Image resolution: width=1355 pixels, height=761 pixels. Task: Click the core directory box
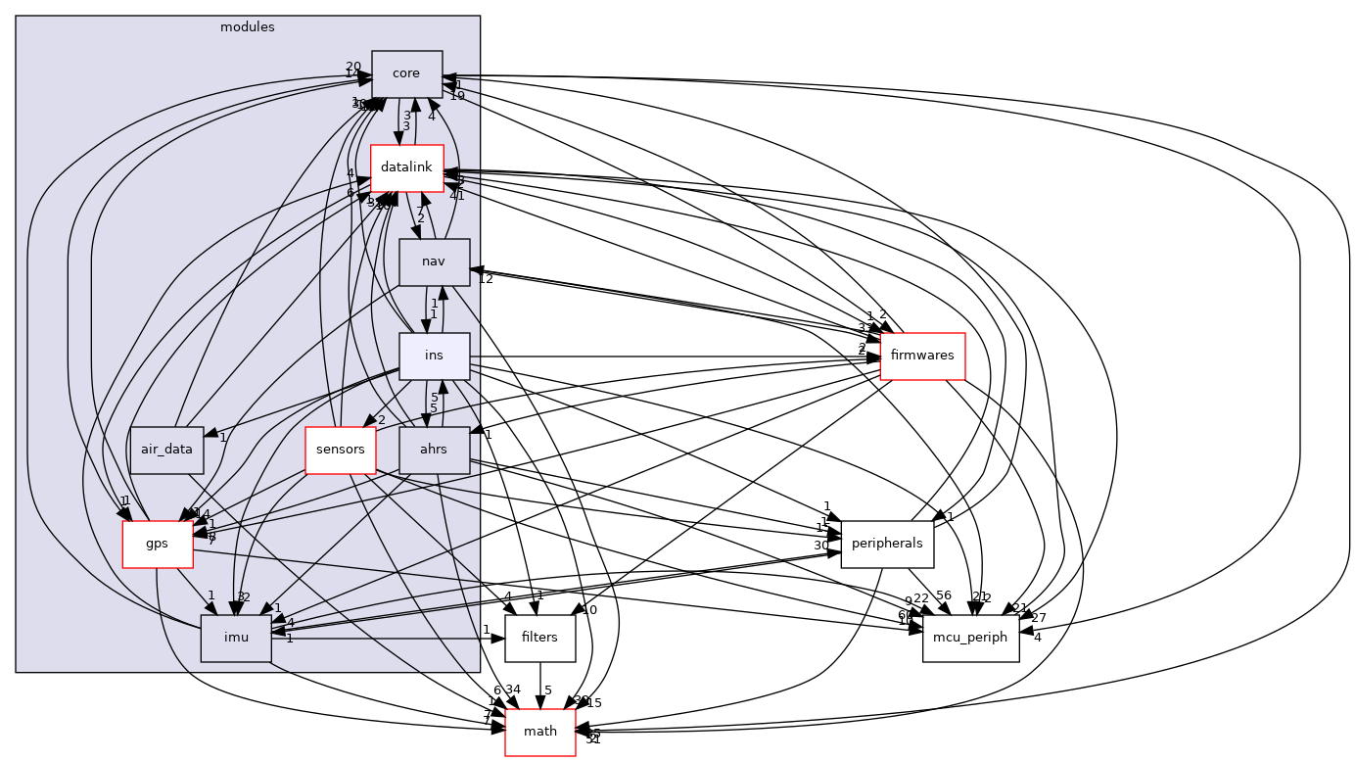(406, 73)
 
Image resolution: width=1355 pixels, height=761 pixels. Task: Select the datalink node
(406, 168)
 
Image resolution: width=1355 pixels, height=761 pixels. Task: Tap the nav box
(434, 262)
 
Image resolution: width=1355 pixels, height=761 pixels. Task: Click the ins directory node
(434, 357)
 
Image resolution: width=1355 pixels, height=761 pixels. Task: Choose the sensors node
(341, 451)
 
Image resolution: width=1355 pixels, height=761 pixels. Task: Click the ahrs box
(434, 451)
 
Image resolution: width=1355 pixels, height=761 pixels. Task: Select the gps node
(157, 544)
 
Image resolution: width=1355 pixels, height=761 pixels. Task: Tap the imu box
(235, 638)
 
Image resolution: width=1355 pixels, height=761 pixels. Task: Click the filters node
(539, 638)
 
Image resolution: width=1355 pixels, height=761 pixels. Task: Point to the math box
(539, 732)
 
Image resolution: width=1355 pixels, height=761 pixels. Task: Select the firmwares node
(922, 357)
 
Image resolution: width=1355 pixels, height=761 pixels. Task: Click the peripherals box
(887, 544)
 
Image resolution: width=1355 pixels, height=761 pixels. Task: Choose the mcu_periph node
(970, 638)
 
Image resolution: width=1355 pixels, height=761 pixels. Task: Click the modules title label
(248, 26)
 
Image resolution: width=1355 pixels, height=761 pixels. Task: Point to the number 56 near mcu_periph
(944, 596)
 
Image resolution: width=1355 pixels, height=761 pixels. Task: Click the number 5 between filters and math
(549, 690)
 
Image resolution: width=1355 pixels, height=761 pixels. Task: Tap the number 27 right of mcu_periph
(1039, 618)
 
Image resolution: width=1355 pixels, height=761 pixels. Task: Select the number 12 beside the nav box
(485, 280)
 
